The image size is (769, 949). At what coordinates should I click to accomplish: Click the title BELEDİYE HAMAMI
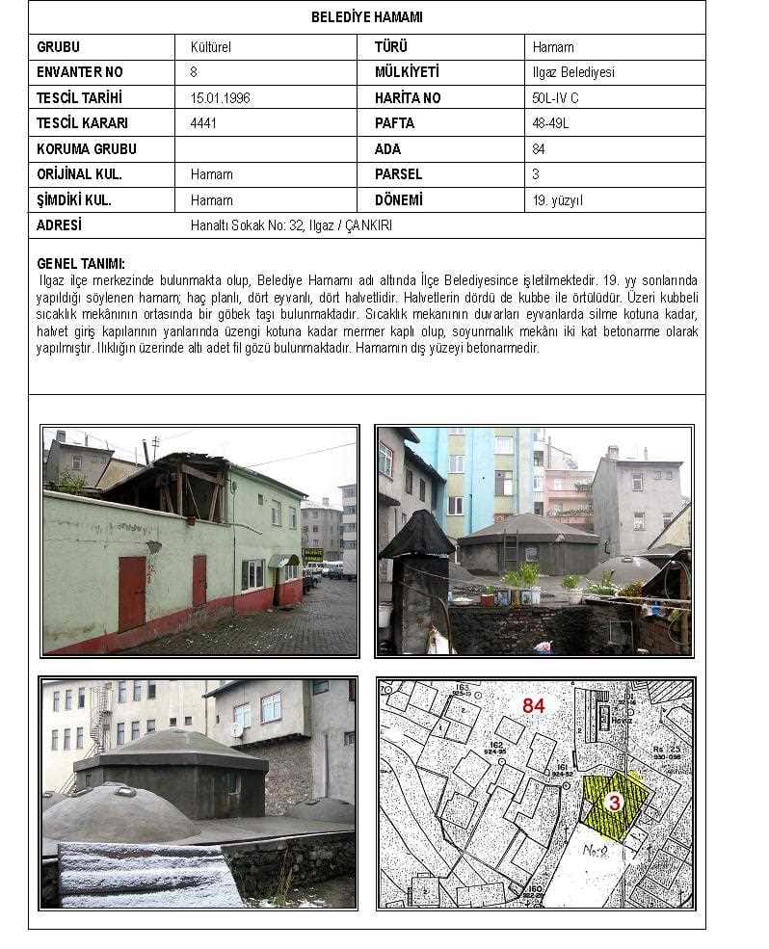pos(366,17)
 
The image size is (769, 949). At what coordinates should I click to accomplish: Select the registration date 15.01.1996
pos(221,97)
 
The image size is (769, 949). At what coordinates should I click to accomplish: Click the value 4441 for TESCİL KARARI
pos(203,123)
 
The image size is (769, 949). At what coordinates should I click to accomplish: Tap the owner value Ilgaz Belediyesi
pos(573,72)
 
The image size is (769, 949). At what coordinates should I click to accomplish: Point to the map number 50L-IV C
pos(555,97)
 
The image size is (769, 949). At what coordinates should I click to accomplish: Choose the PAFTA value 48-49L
pos(551,123)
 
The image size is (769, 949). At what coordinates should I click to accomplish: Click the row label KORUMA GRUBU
pos(87,149)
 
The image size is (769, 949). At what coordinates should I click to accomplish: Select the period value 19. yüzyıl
pos(558,200)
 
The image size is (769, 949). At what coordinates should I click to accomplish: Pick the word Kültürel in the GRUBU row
pos(211,46)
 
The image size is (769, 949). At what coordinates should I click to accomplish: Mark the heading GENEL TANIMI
pos(81,263)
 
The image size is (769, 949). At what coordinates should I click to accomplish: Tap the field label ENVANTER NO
pos(80,72)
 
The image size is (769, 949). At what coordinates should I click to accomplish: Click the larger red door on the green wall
pos(132,593)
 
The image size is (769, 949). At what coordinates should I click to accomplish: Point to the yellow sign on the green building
pos(313,556)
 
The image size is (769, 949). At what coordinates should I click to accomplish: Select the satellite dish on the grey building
pos(237,729)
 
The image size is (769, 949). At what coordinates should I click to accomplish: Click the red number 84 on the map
pos(534,705)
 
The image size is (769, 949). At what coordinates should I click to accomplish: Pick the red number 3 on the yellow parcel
pos(612,802)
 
